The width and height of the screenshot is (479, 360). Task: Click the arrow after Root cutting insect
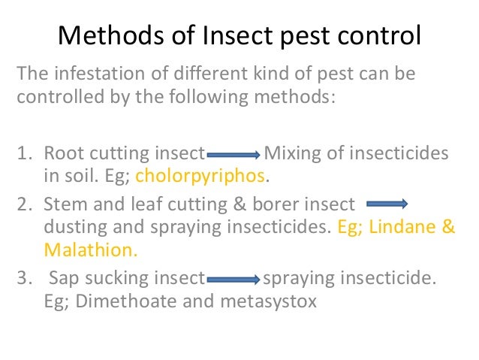(233, 156)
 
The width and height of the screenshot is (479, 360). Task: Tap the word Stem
(63, 204)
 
